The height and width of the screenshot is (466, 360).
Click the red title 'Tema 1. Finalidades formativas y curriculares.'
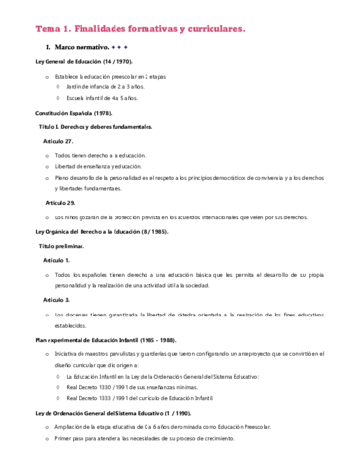coord(139,29)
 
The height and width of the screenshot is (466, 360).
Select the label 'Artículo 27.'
coord(59,141)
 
